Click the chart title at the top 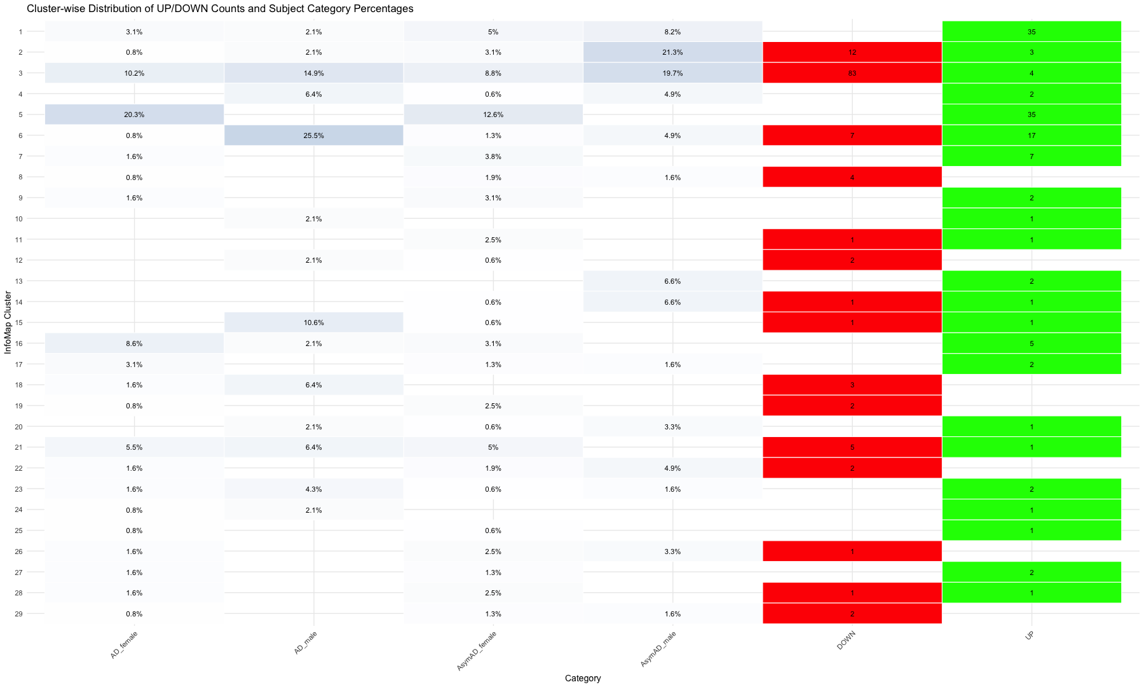point(220,9)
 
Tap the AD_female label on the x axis point(124,645)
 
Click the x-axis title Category point(582,678)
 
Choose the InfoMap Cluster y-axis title point(8,323)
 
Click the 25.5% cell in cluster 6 point(314,135)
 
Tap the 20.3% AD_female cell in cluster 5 point(134,114)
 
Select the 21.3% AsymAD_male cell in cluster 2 point(672,52)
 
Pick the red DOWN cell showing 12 point(852,52)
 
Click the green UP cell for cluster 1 point(1031,31)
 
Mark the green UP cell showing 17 point(1031,135)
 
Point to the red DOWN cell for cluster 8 point(852,177)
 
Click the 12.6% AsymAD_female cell point(493,114)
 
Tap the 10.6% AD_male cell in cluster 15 point(314,323)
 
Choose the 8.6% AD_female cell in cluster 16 point(134,343)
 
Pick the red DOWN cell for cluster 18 point(852,385)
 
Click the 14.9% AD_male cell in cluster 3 point(314,73)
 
